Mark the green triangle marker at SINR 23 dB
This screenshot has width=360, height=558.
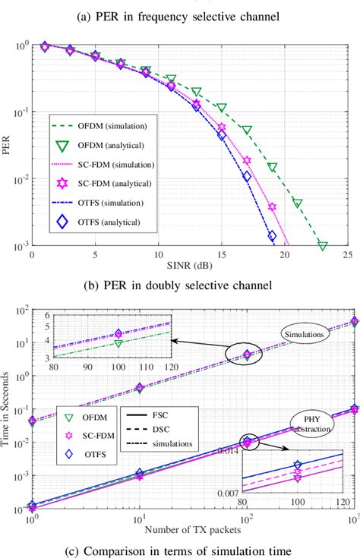pyautogui.click(x=322, y=245)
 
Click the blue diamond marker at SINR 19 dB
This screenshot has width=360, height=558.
pyautogui.click(x=272, y=236)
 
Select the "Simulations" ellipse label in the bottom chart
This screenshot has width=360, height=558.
pyautogui.click(x=302, y=333)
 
